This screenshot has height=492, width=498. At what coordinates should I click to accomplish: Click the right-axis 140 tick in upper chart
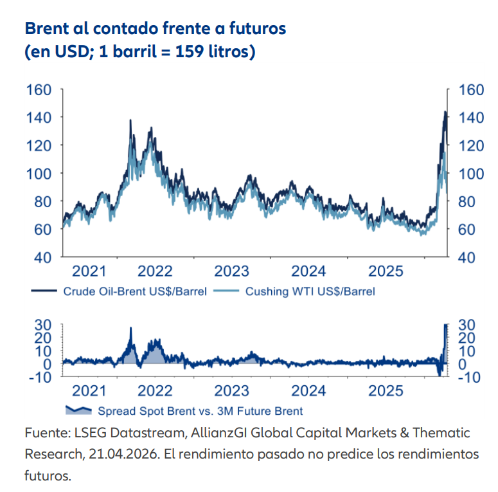470,117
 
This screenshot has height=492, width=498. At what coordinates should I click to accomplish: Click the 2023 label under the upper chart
231,270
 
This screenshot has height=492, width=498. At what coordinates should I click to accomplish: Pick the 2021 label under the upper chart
89,270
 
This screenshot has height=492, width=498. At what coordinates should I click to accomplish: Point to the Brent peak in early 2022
130,120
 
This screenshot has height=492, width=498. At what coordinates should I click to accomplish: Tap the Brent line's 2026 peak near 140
445,113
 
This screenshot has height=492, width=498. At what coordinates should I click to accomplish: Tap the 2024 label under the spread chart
308,390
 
